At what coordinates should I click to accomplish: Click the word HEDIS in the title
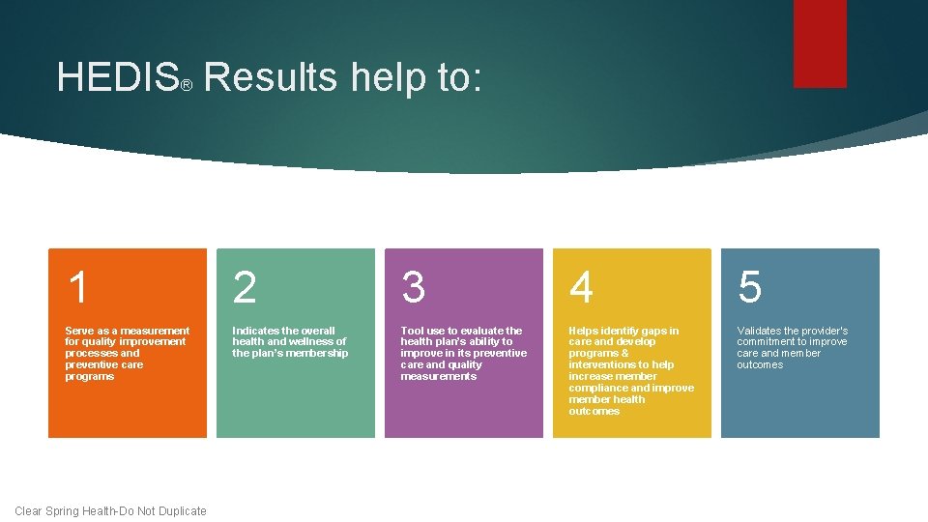pos(117,77)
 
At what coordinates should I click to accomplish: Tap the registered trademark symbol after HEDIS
pos(188,87)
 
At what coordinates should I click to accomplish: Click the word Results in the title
pos(271,77)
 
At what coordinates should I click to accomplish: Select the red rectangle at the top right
pos(820,43)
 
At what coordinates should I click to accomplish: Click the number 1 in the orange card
pos(78,287)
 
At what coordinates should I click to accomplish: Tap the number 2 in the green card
pos(246,287)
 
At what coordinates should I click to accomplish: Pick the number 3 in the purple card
pos(414,287)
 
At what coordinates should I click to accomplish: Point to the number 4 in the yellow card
pos(582,287)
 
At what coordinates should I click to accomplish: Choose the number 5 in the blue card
pos(750,287)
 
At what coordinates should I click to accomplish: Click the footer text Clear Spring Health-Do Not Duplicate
pos(110,510)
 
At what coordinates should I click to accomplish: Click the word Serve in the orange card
pos(79,331)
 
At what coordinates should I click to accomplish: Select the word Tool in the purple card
pos(413,331)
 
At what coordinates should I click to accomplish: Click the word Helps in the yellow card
pos(585,331)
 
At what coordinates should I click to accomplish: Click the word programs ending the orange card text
pos(89,376)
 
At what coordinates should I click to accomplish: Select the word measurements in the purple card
pos(438,376)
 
